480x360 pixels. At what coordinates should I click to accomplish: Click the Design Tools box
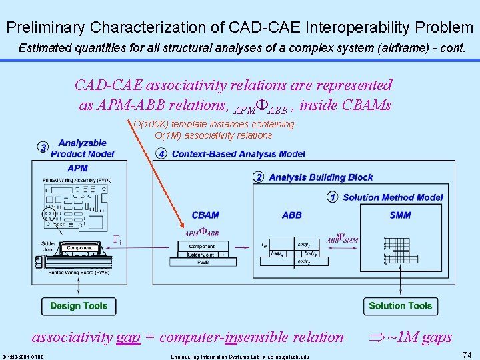(78, 306)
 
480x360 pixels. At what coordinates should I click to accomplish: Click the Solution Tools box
(401, 306)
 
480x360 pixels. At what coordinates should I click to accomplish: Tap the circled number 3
(43, 147)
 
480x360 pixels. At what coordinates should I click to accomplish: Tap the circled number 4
(161, 154)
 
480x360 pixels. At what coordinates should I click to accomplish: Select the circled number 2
(259, 177)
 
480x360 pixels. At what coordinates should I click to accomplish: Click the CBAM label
(205, 215)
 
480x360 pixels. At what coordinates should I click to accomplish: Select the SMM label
(400, 215)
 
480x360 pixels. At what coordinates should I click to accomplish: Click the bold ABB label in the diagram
(292, 215)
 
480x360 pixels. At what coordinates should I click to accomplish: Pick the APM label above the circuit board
(78, 168)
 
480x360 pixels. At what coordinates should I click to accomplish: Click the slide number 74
(467, 355)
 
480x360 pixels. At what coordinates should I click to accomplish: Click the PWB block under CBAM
(202, 263)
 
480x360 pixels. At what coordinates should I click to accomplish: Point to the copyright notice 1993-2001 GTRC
(23, 356)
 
